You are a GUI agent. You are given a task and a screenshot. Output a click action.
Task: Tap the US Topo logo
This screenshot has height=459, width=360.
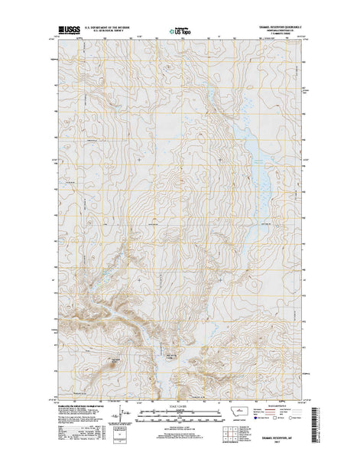coord(180,32)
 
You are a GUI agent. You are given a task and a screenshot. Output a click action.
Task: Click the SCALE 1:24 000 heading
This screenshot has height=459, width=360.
coord(180,405)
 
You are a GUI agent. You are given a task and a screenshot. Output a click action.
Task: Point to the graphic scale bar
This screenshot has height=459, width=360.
coord(180,417)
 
